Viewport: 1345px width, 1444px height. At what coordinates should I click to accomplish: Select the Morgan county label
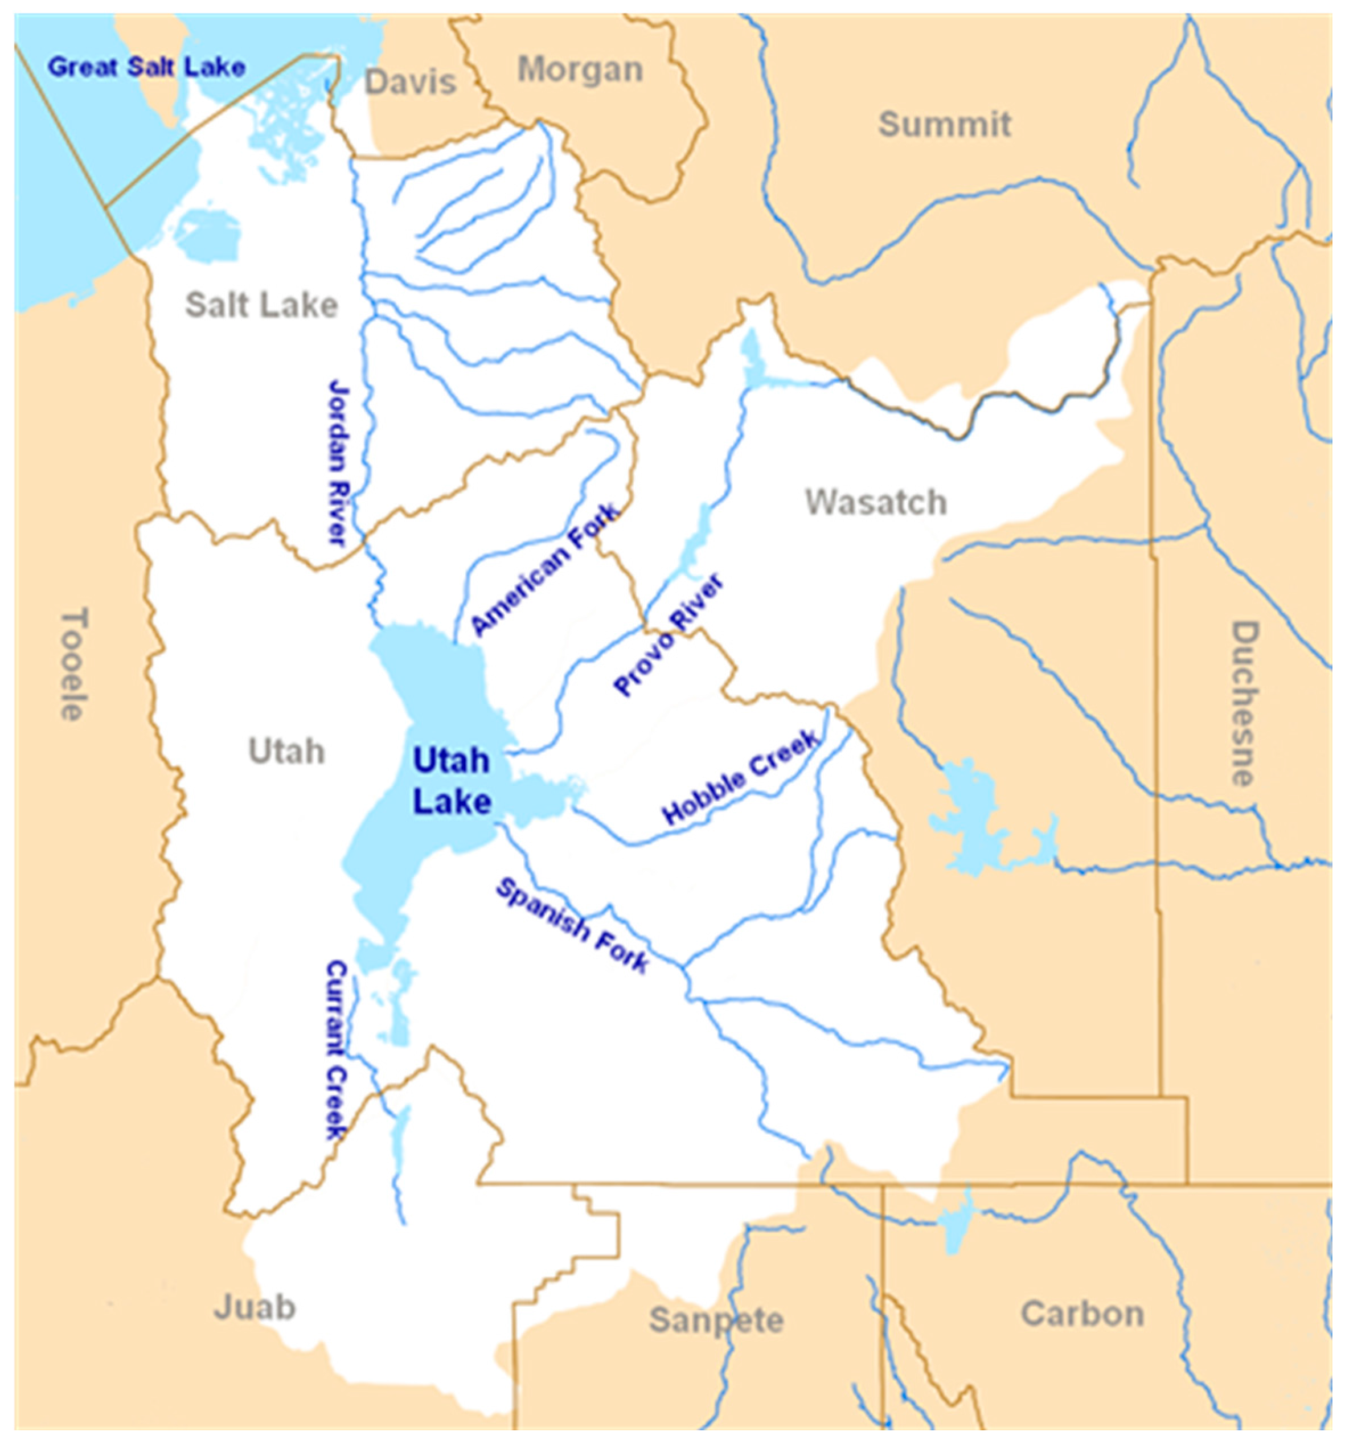point(580,69)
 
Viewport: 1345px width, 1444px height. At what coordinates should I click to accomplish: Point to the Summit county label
point(944,124)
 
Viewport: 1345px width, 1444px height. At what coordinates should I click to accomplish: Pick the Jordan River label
point(338,461)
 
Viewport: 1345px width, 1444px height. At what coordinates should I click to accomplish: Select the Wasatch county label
point(875,502)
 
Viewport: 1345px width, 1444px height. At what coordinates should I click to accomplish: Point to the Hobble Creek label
point(741,777)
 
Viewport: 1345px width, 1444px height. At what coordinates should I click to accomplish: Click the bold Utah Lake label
point(452,781)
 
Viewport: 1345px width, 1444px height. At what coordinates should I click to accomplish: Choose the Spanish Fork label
point(572,925)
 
